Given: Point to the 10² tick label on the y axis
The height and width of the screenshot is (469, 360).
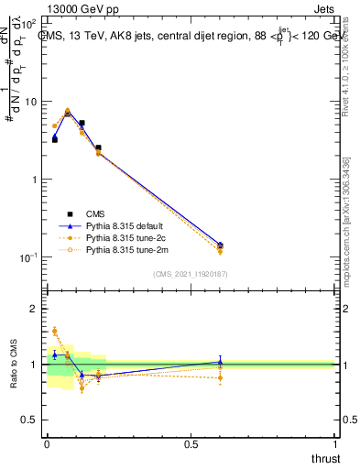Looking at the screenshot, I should tap(29, 23).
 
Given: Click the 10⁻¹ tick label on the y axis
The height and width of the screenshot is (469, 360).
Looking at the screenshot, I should tap(29, 257).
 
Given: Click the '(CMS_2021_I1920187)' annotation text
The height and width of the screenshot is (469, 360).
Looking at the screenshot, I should tap(191, 273).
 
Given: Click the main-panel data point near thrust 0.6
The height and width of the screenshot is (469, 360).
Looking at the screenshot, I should tap(220, 245).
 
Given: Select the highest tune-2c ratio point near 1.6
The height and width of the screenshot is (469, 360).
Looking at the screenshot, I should tap(54, 331).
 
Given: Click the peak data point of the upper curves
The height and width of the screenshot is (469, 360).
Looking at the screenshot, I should tap(68, 111).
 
